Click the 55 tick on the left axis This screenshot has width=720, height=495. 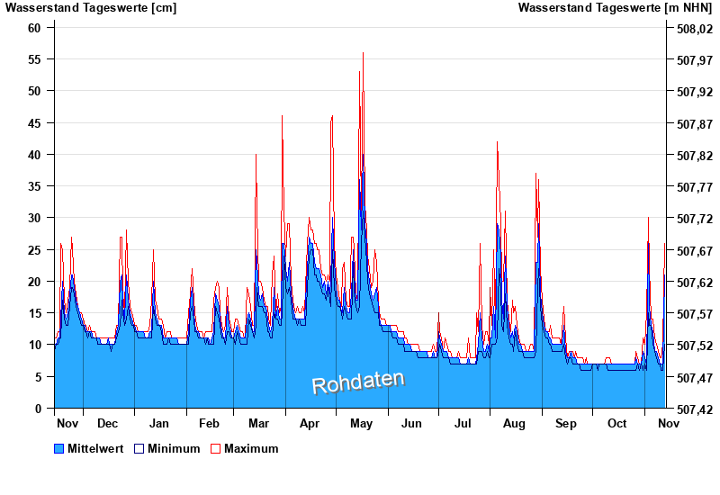click(x=36, y=59)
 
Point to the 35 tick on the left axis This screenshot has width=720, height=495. click(x=36, y=186)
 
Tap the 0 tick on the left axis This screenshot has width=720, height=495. click(x=39, y=409)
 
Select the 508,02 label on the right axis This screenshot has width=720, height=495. click(x=693, y=29)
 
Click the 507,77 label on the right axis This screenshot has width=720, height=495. click(x=693, y=187)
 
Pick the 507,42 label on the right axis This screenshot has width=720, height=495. click(x=693, y=409)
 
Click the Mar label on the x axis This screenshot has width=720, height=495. click(x=259, y=423)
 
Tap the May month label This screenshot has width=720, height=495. click(x=362, y=423)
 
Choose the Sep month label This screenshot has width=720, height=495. click(x=566, y=423)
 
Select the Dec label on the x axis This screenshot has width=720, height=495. click(x=108, y=423)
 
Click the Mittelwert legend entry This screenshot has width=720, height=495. click(x=94, y=448)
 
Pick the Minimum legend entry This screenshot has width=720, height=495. click(x=174, y=448)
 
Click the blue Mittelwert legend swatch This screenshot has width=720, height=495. click(x=59, y=448)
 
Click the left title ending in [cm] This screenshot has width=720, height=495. click(x=91, y=8)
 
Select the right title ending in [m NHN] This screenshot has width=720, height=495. click(x=615, y=8)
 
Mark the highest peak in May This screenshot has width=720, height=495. click(x=364, y=53)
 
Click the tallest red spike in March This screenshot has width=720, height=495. click(x=282, y=116)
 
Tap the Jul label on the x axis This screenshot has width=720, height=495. click(x=463, y=423)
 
